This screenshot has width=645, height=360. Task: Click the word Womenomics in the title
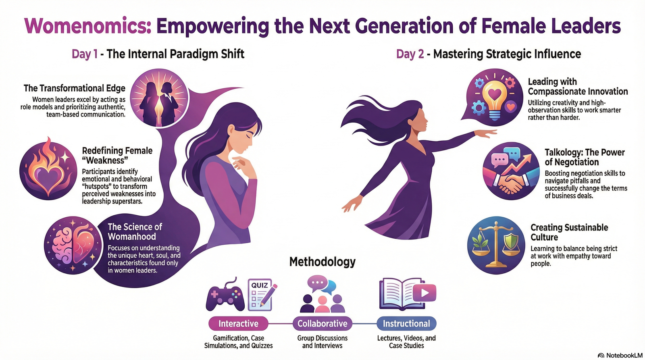point(88,26)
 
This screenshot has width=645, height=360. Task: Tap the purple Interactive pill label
point(238,324)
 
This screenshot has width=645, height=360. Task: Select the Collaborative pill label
point(322,324)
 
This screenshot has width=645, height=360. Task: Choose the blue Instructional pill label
point(406,324)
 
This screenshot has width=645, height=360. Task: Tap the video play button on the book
point(424,293)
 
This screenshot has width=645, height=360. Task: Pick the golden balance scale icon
point(496,245)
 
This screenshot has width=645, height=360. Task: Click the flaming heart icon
point(48,169)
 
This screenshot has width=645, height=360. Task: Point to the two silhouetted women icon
point(159,98)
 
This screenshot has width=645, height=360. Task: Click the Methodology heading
point(322,262)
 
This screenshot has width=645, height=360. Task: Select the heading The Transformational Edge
point(75,88)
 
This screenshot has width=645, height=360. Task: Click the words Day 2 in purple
point(410,54)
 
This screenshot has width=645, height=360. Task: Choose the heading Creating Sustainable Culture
point(569,232)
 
